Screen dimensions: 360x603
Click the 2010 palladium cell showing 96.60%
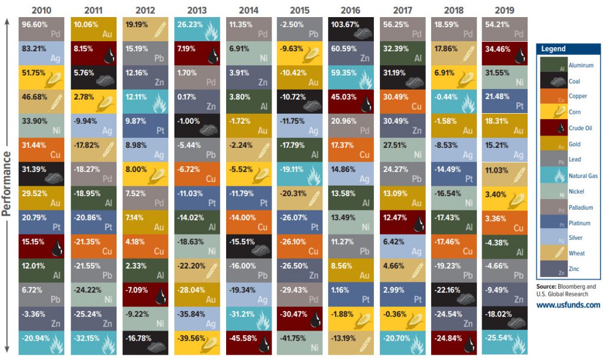pos(41,28)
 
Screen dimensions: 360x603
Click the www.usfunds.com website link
pos(568,305)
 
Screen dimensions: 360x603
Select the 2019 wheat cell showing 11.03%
pos(504,174)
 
